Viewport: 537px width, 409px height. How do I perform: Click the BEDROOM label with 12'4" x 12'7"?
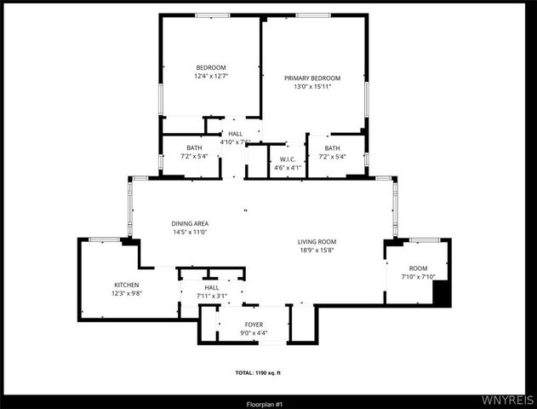click(211, 68)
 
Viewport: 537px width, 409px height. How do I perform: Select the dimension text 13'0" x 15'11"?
click(312, 86)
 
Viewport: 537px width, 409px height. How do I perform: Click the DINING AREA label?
click(191, 223)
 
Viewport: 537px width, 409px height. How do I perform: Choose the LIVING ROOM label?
click(317, 241)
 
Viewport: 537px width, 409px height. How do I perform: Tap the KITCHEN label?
click(127, 285)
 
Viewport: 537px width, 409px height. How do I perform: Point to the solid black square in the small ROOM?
click(441, 292)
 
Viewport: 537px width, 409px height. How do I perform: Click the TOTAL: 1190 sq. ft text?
click(269, 373)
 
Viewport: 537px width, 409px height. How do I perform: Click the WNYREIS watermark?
click(508, 398)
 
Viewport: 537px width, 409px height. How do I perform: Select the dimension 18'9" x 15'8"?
click(317, 250)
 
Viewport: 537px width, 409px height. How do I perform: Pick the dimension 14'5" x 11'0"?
click(191, 232)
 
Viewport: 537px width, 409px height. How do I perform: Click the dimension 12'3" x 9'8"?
click(127, 293)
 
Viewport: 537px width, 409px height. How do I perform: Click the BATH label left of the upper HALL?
click(195, 148)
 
